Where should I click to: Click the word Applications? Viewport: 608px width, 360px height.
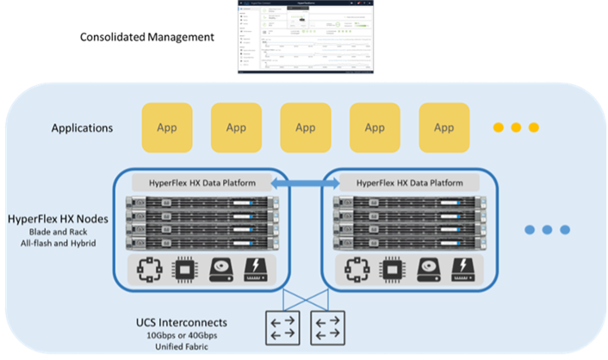[x=82, y=128]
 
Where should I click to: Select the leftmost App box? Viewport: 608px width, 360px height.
[x=167, y=128]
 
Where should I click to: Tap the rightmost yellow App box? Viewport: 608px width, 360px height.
[x=444, y=128]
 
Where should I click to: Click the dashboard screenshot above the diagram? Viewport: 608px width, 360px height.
[x=307, y=36]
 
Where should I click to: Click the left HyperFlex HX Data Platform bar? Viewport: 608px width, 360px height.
[x=202, y=183]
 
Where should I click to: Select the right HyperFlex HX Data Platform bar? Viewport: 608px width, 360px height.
[x=409, y=183]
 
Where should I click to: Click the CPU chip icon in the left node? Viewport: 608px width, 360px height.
[x=183, y=269]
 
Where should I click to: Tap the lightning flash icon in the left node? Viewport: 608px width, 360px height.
[x=257, y=269]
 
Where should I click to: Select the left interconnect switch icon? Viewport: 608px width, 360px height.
[x=279, y=327]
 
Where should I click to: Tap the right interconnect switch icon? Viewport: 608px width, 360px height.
[x=327, y=327]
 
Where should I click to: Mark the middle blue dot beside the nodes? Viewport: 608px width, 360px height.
[x=548, y=230]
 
